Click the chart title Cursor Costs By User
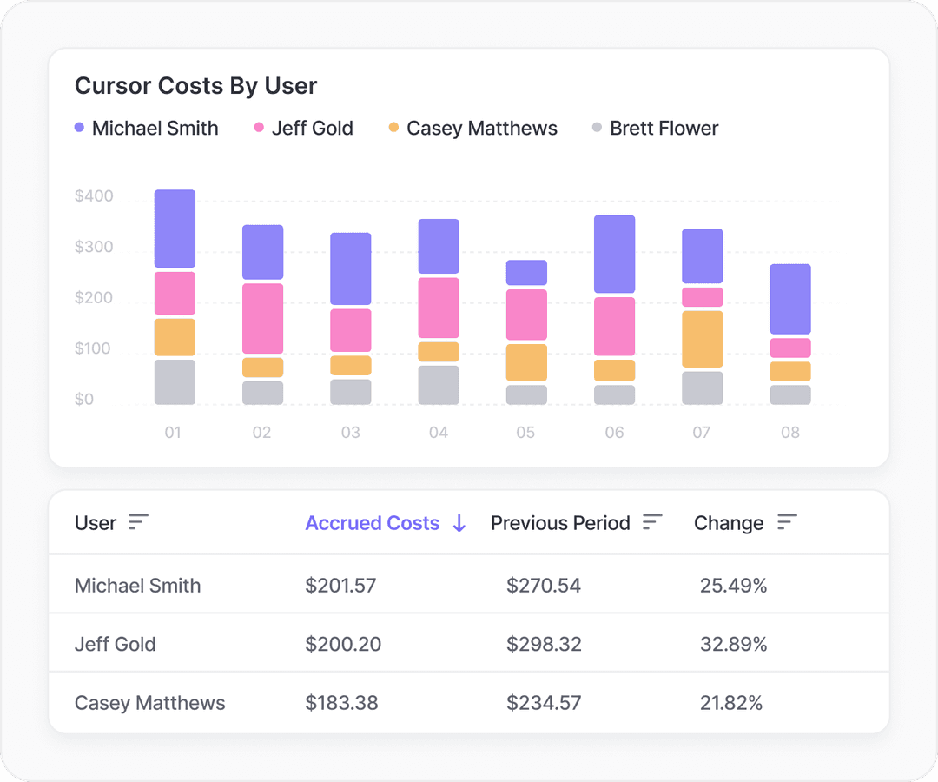(195, 86)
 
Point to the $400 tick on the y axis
(94, 196)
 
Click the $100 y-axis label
(94, 349)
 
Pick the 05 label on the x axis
(525, 432)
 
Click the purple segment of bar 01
(175, 229)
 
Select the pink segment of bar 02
(262, 318)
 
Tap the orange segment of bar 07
(702, 339)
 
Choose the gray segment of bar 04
(439, 385)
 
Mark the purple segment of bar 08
(789, 299)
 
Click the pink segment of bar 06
(614, 326)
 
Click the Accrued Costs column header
(372, 523)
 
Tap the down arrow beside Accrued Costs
(459, 523)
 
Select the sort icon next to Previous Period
(652, 522)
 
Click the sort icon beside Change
(787, 522)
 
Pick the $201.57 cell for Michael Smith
(340, 586)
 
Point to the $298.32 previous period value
(544, 645)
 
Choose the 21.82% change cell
(730, 703)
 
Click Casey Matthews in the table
(149, 703)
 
